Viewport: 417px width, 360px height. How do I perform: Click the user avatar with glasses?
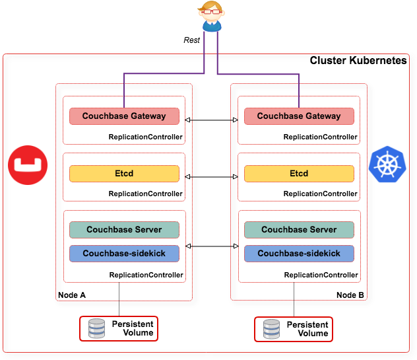pos(210,17)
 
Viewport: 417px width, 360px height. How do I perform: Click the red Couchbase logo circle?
pos(27,164)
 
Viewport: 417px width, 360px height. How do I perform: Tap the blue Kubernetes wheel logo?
pos(387,164)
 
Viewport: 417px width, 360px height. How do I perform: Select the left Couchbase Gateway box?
pos(124,116)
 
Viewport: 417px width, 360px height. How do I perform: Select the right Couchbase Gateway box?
pos(299,116)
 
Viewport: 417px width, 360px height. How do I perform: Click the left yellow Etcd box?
pos(124,174)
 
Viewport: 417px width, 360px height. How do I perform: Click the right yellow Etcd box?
pos(299,174)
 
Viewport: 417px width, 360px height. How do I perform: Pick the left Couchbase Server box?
pos(124,230)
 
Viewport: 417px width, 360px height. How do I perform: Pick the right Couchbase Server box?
pos(299,230)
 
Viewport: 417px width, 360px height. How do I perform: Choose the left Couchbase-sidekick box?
pos(124,254)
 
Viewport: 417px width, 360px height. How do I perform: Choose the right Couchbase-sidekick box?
pos(299,254)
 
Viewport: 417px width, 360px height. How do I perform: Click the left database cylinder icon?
pos(97,329)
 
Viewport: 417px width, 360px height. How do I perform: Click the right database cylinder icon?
pos(272,329)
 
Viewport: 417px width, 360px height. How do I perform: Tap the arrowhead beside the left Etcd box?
pos(188,177)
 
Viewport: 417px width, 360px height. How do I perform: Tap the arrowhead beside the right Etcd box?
pos(236,177)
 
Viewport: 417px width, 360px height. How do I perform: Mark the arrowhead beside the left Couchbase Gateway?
pos(188,120)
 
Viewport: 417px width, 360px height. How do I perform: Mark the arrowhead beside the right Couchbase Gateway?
pos(236,120)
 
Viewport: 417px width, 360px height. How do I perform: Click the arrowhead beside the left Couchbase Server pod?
pos(188,246)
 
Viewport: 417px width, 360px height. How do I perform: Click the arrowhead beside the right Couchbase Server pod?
pos(236,246)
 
